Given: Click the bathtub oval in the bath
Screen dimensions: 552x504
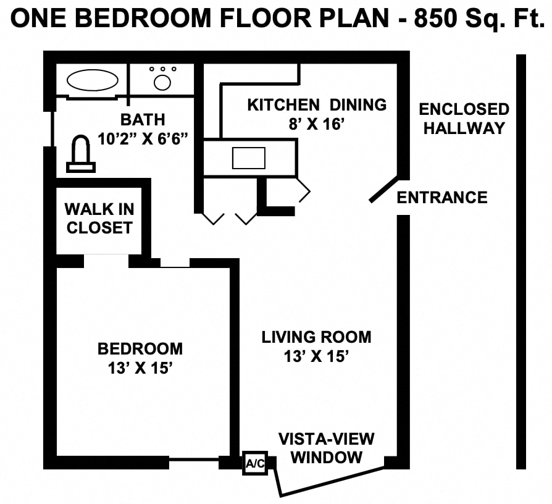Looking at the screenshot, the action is click(x=93, y=80).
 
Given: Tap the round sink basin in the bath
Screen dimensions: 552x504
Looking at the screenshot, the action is click(x=162, y=83).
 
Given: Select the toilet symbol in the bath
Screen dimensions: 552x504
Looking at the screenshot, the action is click(x=81, y=154).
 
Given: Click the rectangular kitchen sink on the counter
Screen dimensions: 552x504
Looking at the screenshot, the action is click(x=249, y=157).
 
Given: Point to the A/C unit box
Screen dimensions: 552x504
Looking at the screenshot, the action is click(x=255, y=463).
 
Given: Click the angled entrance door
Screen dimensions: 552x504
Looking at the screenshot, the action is click(x=383, y=190).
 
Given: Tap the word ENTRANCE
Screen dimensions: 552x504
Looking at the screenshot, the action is click(x=442, y=197).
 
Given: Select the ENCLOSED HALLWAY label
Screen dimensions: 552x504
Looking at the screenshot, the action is click(x=464, y=119).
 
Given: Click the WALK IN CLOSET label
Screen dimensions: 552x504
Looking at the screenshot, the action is click(x=99, y=219).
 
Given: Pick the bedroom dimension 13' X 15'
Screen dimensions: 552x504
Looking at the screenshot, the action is click(x=140, y=368).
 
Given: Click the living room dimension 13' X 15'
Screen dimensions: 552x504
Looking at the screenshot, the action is click(x=316, y=356).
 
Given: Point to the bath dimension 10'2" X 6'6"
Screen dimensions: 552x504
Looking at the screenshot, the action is click(x=143, y=139).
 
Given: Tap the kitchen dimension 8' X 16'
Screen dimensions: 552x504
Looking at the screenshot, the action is click(x=316, y=124).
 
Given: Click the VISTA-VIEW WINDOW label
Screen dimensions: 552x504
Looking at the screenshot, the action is click(x=327, y=448).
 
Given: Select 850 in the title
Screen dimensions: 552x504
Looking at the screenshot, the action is click(x=435, y=19).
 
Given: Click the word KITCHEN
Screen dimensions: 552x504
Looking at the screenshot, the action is click(x=283, y=105).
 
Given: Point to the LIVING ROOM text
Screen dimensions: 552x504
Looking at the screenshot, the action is click(x=316, y=337).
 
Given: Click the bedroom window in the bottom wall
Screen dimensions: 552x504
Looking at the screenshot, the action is click(x=194, y=460).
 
